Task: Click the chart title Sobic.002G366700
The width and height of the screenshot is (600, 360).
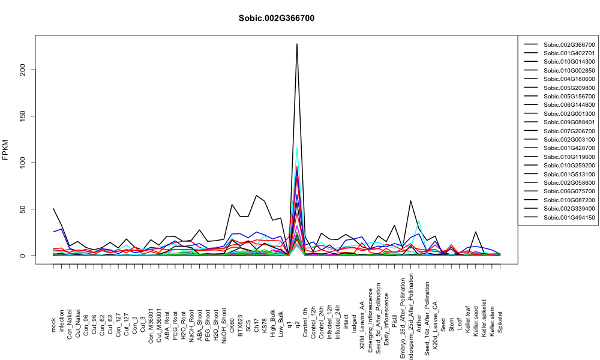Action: click(276, 19)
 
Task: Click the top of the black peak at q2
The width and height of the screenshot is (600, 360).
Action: click(297, 44)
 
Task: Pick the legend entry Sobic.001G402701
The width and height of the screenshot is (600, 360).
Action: click(569, 53)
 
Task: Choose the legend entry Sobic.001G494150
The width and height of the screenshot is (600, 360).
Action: click(569, 217)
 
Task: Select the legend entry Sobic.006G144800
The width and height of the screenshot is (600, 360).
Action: click(569, 105)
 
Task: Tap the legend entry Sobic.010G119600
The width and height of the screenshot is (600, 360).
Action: click(569, 157)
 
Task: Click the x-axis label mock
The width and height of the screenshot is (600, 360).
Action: click(53, 325)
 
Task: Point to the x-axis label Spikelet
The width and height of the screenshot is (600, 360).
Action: click(500, 322)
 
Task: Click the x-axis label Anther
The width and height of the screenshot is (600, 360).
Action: click(419, 323)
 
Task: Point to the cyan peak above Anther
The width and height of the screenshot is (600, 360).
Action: click(419, 221)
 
